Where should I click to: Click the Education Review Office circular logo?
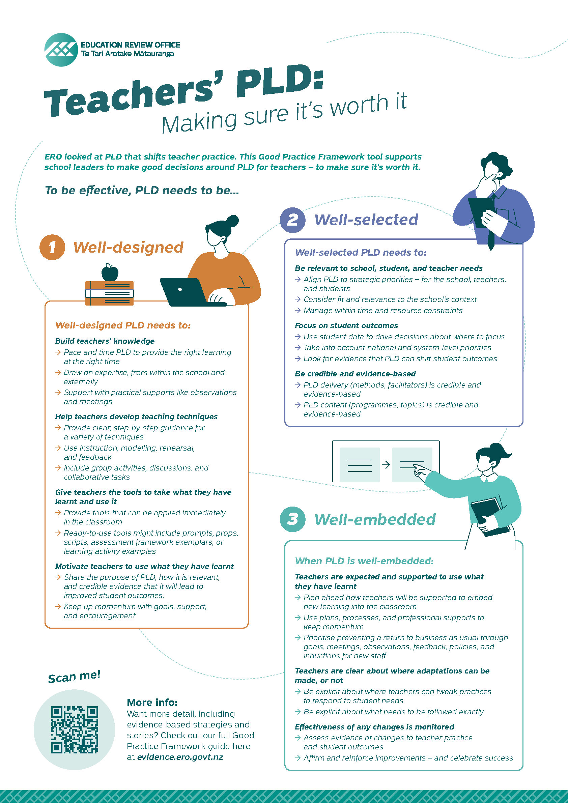pyautogui.click(x=61, y=50)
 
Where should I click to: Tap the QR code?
pyautogui.click(x=74, y=729)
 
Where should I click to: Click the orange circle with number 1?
pyautogui.click(x=52, y=247)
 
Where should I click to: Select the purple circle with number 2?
pyautogui.click(x=293, y=220)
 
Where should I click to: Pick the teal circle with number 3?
pyautogui.click(x=293, y=519)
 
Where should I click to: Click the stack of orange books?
pyautogui.click(x=109, y=293)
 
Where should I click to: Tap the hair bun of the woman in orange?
pyautogui.click(x=233, y=221)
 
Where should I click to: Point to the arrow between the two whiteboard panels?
pyautogui.click(x=386, y=465)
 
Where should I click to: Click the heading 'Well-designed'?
pyautogui.click(x=128, y=247)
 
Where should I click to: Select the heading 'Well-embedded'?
pyautogui.click(x=375, y=519)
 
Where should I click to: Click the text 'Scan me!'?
pyautogui.click(x=74, y=677)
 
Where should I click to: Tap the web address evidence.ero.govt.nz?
pyautogui.click(x=180, y=757)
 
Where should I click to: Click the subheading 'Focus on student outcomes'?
pyautogui.click(x=346, y=325)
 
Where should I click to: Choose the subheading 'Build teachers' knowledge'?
pyautogui.click(x=105, y=341)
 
